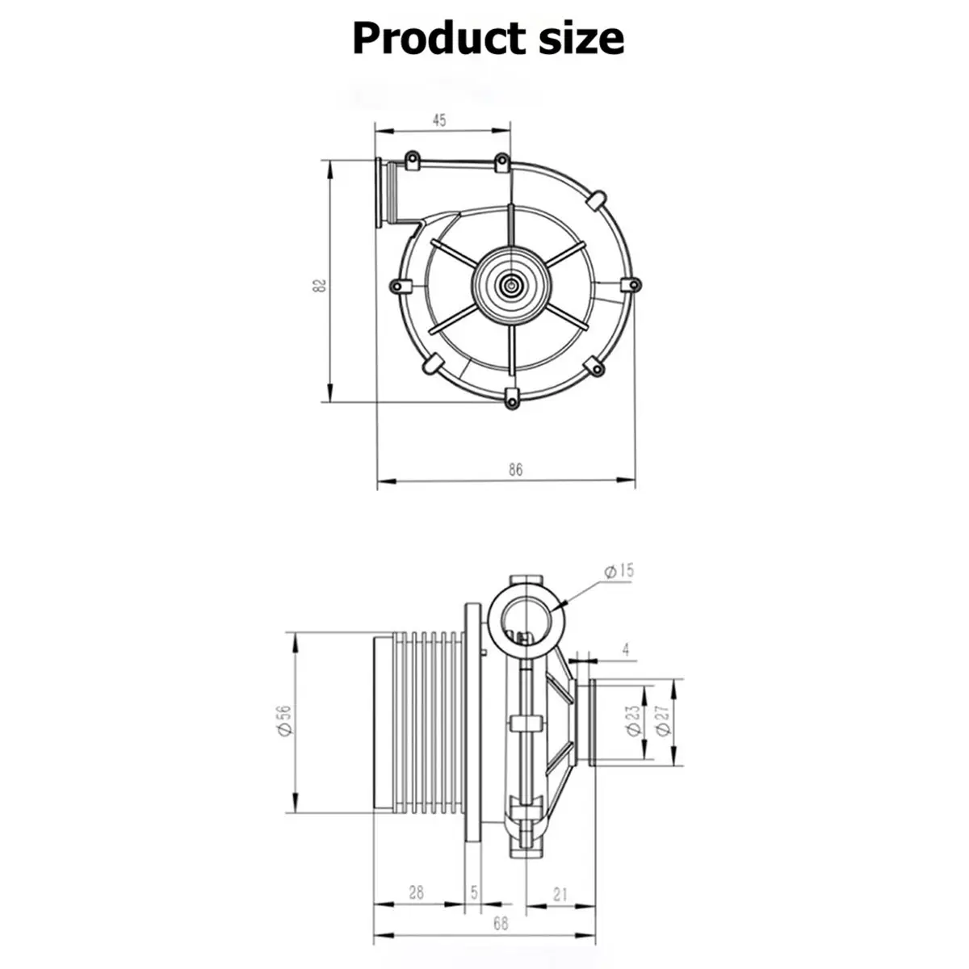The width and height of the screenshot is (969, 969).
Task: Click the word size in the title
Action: [x=580, y=38]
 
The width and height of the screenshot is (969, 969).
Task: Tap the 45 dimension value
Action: [x=439, y=121]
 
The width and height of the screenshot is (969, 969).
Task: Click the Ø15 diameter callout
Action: [x=619, y=571]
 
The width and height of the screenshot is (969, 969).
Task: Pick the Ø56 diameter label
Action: [x=283, y=721]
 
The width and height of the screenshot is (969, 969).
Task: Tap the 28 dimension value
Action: [x=416, y=894]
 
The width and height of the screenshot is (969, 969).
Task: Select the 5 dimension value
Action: [x=474, y=894]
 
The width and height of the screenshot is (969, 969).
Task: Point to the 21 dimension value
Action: [x=560, y=894]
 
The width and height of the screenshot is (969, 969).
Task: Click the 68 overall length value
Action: [x=501, y=925]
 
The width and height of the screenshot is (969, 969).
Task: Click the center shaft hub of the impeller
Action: [x=511, y=283]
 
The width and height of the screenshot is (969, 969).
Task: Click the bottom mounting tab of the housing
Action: [x=511, y=397]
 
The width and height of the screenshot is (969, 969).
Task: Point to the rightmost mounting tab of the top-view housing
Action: [x=633, y=284]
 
